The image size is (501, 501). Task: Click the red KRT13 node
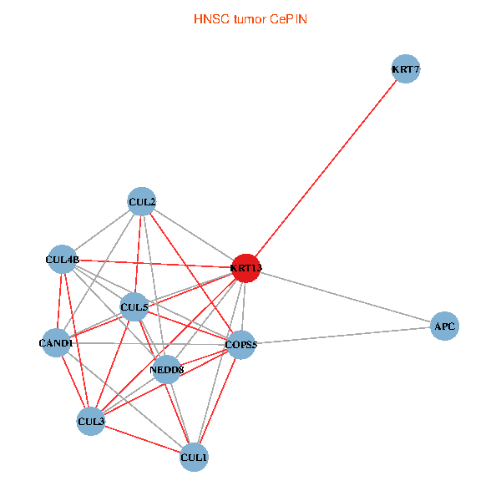pos(245,268)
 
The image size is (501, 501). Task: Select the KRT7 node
pos(405,69)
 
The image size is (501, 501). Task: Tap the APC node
pos(444,326)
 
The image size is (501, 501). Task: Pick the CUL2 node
pos(142,201)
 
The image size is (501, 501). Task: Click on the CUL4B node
pos(63,260)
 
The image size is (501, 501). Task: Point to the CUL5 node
pos(134,307)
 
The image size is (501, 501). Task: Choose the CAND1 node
pos(56,342)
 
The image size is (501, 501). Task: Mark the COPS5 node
pos(240,345)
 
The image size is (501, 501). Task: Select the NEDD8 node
pos(166,369)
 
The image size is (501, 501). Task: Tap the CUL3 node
pos(91,421)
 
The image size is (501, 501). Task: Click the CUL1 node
pos(194,457)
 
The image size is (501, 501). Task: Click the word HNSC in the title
pos(208,18)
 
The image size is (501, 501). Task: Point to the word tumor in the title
pos(247,18)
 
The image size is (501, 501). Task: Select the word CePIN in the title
pos(288,18)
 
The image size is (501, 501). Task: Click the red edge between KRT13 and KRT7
pos(326,169)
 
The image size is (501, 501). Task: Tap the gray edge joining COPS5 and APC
pos(342,336)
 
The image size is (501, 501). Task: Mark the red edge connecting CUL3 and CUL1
pos(142,438)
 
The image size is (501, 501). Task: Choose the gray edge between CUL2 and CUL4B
pos(102,230)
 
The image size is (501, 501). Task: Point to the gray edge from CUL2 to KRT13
pos(194,235)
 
